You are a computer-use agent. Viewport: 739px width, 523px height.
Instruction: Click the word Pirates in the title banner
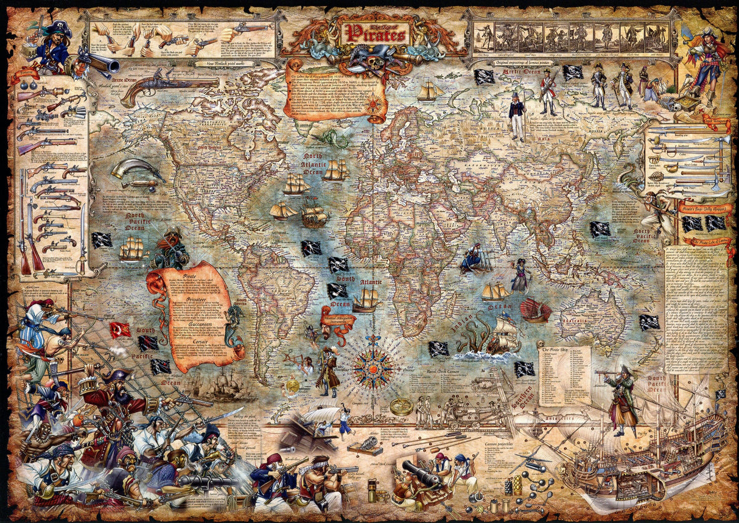pos(376,35)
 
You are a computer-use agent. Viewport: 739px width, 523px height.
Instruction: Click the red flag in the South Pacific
pos(119,329)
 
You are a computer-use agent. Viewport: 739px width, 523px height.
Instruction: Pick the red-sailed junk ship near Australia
pos(536,310)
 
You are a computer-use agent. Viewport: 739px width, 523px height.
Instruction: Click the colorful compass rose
pos(373,365)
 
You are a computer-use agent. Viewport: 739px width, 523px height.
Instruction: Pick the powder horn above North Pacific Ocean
pos(136,169)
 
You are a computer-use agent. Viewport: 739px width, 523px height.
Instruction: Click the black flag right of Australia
pos(650,322)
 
